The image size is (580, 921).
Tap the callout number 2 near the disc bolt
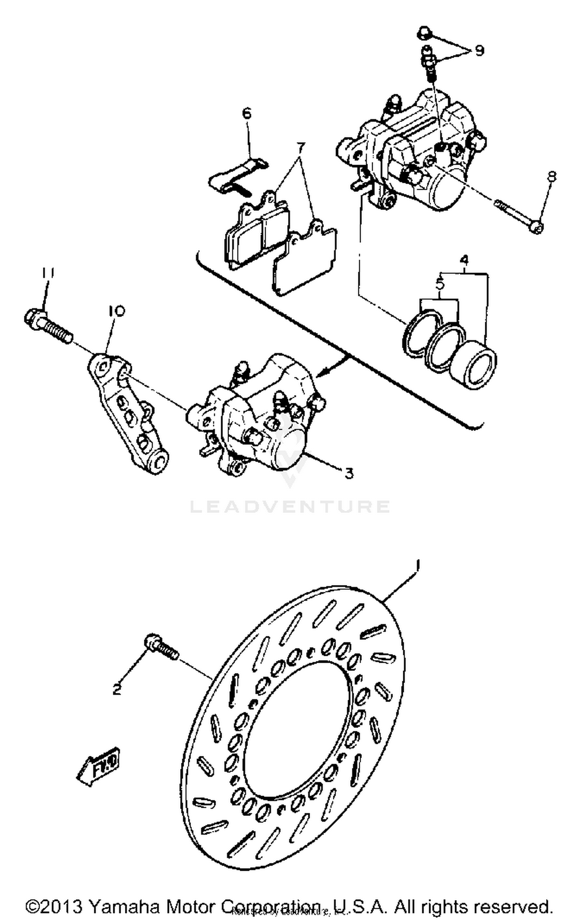tap(117, 689)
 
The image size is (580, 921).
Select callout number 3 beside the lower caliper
tap(349, 472)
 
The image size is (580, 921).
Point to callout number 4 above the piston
tap(464, 260)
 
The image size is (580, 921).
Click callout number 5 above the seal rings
tap(440, 284)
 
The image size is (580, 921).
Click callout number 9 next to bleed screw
tap(479, 50)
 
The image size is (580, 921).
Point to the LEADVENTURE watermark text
tap(290, 507)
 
